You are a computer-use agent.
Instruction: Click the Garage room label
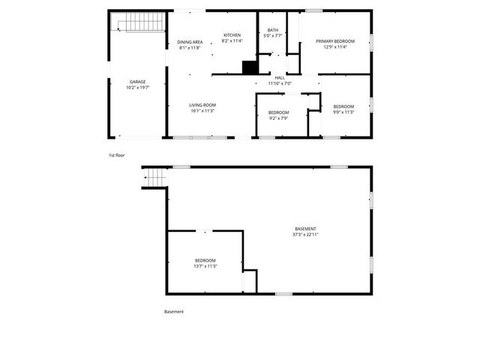(137, 82)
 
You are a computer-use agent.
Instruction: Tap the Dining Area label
(190, 42)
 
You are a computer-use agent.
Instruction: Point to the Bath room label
(272, 30)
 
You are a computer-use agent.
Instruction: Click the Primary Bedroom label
(335, 41)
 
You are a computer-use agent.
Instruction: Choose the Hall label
(280, 77)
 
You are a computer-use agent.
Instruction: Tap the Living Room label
(202, 105)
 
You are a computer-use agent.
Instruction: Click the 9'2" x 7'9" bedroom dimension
(278, 118)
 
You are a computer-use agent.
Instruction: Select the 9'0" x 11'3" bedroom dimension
(343, 112)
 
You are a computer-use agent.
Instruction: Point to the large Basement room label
(305, 229)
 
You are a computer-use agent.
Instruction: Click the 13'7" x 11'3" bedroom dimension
(205, 266)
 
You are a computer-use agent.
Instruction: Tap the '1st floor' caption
(116, 155)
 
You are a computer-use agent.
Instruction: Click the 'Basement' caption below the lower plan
(174, 311)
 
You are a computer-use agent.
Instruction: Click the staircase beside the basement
(154, 178)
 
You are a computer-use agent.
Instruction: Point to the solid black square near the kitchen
(250, 67)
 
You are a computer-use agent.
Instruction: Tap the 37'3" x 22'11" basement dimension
(305, 235)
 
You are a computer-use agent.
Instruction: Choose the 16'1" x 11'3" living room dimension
(202, 111)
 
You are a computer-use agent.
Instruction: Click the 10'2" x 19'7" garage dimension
(137, 88)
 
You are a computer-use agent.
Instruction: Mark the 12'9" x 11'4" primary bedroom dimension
(335, 47)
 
